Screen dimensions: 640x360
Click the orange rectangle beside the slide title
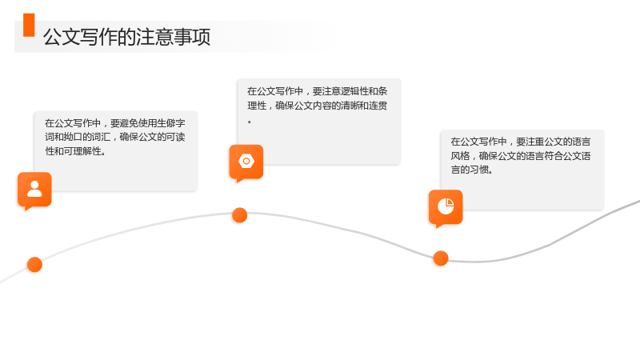pos(29,25)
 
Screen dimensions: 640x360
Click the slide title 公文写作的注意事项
pos(126,37)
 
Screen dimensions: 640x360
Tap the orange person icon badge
pos(34,190)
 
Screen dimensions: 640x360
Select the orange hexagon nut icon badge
pos(246,162)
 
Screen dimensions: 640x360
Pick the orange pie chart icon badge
pos(446,207)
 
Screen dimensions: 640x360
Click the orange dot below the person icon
pos(34,265)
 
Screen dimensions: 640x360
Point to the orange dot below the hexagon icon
pos(239,215)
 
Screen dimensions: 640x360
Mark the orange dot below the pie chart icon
pos(441,258)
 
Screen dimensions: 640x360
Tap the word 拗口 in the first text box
pos(73,137)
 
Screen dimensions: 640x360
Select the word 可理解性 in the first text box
pos(82,151)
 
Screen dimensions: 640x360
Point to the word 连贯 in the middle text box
pos(378,106)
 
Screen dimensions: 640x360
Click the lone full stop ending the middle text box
pos(250,122)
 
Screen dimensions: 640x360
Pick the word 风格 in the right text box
pos(460,156)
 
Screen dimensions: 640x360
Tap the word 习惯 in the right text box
pos(478,170)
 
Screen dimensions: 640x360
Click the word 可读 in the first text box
pos(175,137)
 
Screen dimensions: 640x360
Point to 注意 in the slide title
pos(154,37)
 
